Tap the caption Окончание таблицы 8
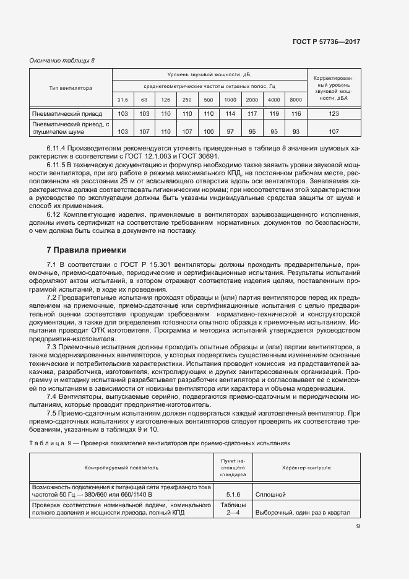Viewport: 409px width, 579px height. (62, 60)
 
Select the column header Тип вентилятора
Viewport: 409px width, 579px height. (71, 89)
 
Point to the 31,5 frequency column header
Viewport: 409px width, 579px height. (123, 100)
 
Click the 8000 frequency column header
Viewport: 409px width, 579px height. (296, 100)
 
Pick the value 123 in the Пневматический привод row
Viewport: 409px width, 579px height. (334, 114)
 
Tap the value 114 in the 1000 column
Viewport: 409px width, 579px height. (230, 114)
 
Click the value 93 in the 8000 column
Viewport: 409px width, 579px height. (296, 131)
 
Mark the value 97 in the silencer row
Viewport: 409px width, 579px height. (230, 131)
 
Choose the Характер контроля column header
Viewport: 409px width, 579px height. (306, 468)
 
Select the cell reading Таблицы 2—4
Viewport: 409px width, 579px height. (233, 509)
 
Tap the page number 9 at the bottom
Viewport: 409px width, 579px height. (358, 527)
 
